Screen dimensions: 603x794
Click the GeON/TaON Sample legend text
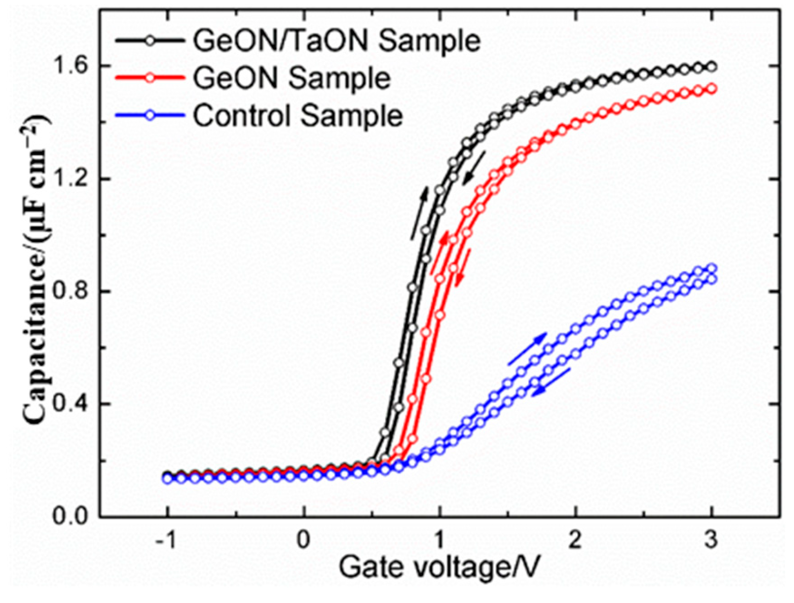tap(336, 41)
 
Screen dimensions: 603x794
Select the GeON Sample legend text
tap(291, 78)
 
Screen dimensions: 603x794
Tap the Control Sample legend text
tap(297, 115)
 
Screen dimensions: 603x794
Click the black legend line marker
tap(150, 41)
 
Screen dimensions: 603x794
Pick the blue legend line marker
tap(150, 115)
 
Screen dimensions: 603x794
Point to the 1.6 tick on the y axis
tap(74, 66)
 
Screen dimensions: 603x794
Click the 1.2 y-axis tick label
tap(74, 178)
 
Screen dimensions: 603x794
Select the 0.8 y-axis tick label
tap(74, 291)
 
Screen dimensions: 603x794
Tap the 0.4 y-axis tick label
tap(74, 404)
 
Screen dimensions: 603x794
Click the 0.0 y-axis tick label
tap(74, 517)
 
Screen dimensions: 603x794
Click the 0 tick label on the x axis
tap(303, 540)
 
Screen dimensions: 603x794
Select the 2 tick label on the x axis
tap(575, 540)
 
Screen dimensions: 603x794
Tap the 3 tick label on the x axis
tap(711, 540)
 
